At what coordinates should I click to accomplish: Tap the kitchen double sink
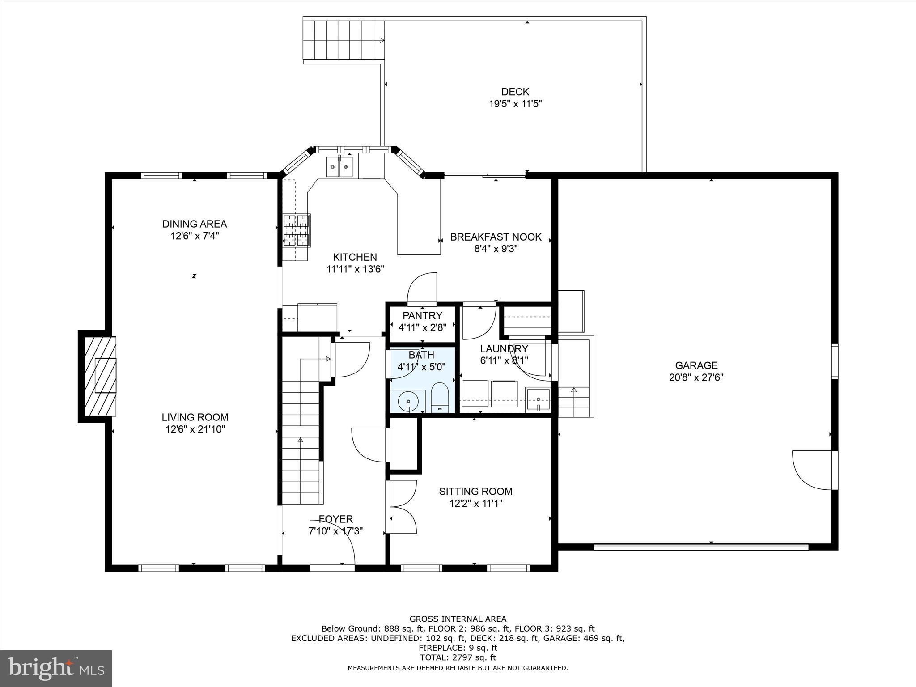tap(339, 167)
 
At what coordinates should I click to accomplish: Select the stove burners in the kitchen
tap(297, 230)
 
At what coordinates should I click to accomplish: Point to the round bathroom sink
tap(408, 401)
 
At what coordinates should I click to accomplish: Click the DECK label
tap(515, 92)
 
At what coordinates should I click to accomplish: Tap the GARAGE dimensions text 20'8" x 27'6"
tap(696, 377)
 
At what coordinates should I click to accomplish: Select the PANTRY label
tap(422, 315)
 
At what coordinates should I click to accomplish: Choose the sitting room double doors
tap(403, 507)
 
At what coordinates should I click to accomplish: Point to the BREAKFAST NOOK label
tap(496, 237)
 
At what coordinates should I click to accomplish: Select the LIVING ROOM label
tap(195, 417)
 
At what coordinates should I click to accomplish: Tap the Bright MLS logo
tap(56, 669)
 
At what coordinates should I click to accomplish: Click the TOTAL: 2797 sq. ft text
tap(458, 657)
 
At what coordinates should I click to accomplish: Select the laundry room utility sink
tap(538, 399)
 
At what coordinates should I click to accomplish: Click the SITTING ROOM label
tap(475, 491)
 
